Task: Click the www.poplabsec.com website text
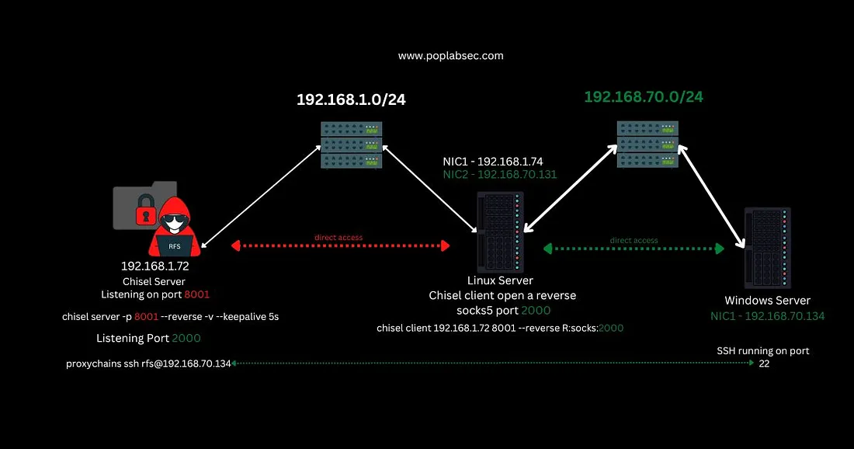450,56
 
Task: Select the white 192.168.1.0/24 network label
351,99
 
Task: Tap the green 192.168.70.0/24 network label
644,97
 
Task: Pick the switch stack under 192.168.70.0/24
647,144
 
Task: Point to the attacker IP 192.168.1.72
155,266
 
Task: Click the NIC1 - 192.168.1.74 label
499,162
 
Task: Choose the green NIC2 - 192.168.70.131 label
499,176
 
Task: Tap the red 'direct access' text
338,237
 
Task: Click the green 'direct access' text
634,240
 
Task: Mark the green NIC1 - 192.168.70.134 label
767,316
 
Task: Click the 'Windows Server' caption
767,301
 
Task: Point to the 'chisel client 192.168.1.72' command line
499,328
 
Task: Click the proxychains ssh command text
148,364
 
